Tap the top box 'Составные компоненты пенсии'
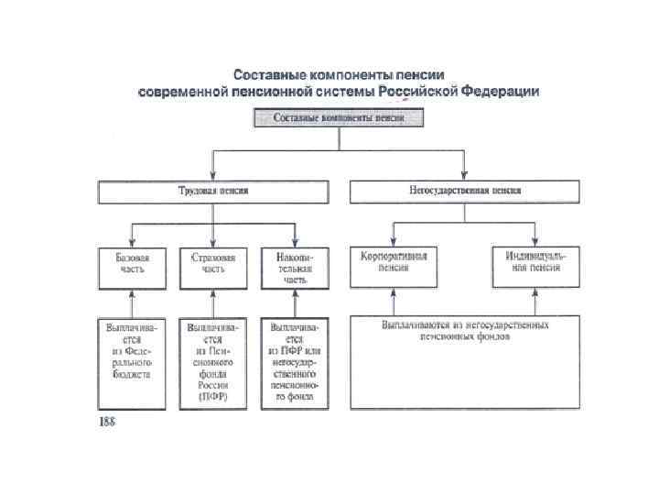point(340,118)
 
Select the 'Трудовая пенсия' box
point(213,191)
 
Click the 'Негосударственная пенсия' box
point(464,191)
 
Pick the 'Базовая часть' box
point(133,267)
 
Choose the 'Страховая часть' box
point(213,267)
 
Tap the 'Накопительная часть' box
point(294,267)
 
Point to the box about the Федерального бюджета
point(133,362)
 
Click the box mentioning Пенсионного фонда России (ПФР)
point(213,363)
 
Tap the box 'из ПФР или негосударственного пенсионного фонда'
point(294,363)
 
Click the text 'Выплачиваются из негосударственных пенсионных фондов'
point(465,331)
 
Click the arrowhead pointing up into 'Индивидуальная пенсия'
point(534,292)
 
